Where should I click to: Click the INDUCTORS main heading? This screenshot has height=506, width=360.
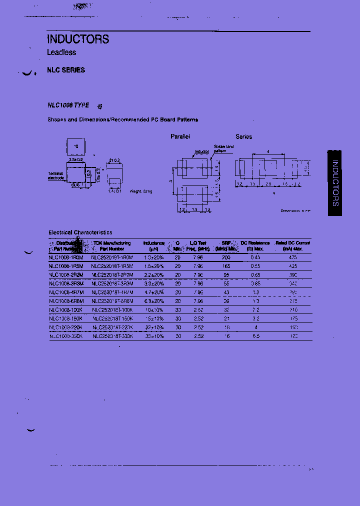coord(78,39)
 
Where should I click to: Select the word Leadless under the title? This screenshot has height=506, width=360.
coord(61,52)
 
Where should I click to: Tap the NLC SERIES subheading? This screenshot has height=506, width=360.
coord(66,70)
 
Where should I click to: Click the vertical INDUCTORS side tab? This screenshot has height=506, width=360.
coord(335,183)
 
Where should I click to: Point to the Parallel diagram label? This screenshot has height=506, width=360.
coord(180,136)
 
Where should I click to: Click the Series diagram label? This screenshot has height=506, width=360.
coord(244,136)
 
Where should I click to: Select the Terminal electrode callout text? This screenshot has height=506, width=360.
coord(55,175)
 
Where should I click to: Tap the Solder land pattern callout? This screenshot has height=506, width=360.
coord(223,148)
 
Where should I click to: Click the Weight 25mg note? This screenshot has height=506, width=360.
coord(141,191)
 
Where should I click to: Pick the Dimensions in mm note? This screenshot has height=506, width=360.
coord(295,210)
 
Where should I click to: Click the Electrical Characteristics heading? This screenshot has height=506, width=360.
coord(80,232)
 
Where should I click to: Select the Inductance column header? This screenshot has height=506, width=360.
coord(153,245)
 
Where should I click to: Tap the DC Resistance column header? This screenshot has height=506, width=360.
coord(255,245)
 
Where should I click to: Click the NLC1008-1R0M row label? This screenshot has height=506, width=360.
coord(66,257)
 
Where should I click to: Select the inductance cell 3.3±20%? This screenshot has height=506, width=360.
coord(153,283)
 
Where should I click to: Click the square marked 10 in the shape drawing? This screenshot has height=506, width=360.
coord(76,146)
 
